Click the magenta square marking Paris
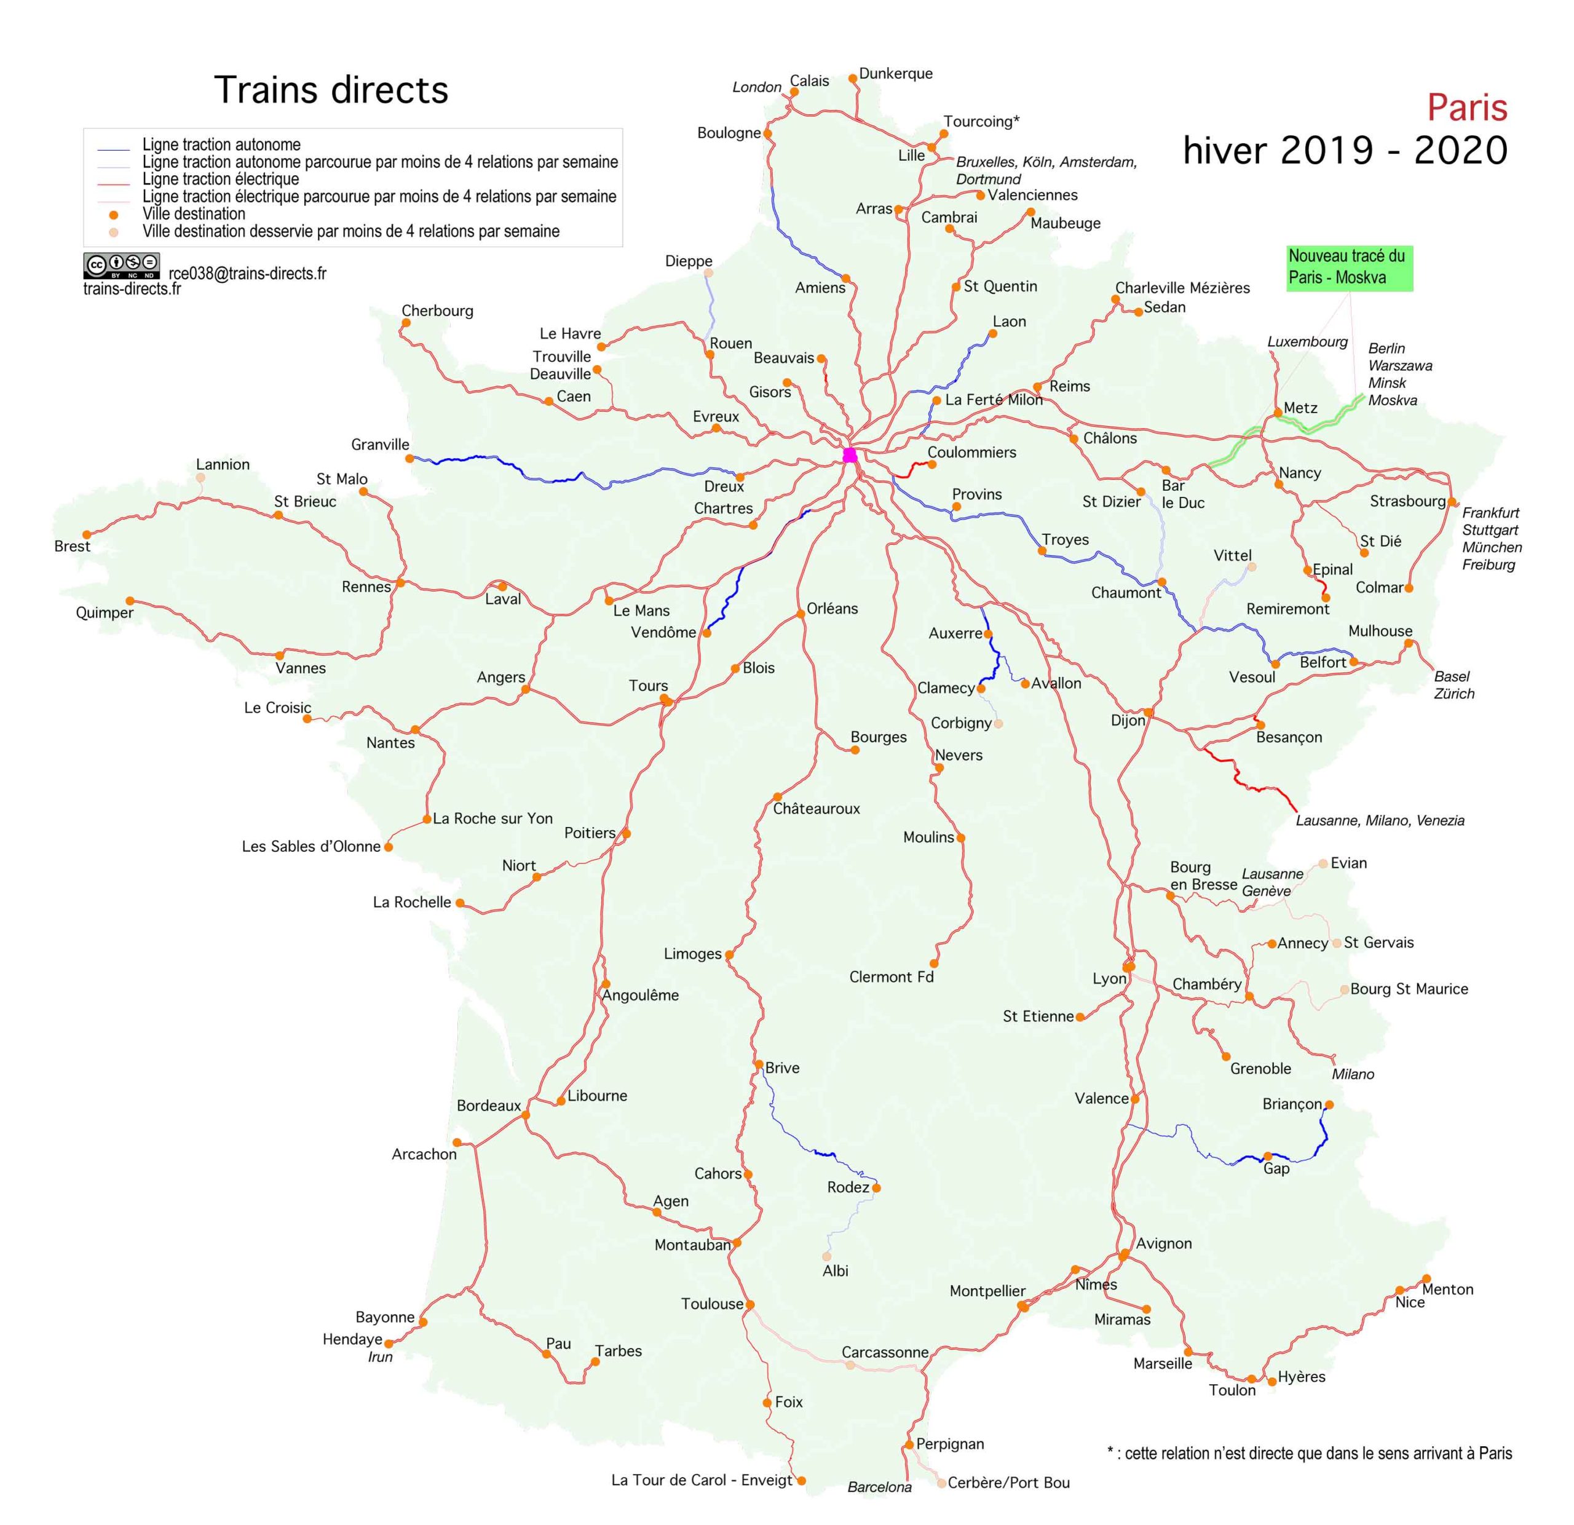click(x=850, y=455)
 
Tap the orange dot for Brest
click(x=87, y=534)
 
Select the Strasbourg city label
click(x=1407, y=501)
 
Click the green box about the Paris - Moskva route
click(x=1349, y=267)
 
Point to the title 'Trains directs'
click(x=331, y=90)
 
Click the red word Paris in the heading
click(x=1466, y=108)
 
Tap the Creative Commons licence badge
click(x=121, y=265)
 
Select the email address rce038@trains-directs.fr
click(x=247, y=274)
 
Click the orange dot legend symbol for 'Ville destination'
click(x=114, y=215)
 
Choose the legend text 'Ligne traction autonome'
click(x=221, y=145)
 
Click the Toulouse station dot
click(x=750, y=1304)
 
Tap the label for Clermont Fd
click(x=892, y=977)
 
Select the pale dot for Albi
click(x=826, y=1256)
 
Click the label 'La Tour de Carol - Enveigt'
click(x=701, y=1480)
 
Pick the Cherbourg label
click(x=437, y=311)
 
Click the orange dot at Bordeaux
click(x=526, y=1115)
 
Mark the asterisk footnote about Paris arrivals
click(x=1309, y=1452)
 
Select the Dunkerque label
click(x=895, y=74)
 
